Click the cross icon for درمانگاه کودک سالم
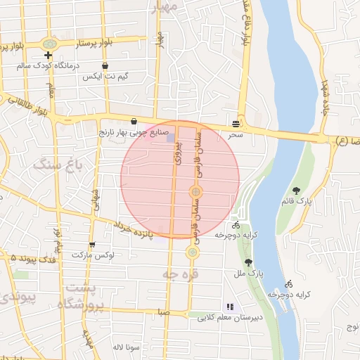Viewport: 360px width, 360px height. (x=47, y=56)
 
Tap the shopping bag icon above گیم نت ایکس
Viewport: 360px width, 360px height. (x=105, y=66)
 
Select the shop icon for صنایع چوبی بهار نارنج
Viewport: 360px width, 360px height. (x=134, y=121)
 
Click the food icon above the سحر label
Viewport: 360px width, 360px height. (x=234, y=123)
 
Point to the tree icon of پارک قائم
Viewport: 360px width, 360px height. (x=296, y=190)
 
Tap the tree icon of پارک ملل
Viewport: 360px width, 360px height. (x=247, y=262)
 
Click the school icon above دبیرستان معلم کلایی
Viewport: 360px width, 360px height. (x=229, y=307)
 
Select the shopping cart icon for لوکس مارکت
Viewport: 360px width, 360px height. (x=91, y=244)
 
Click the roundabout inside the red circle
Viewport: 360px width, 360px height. (x=196, y=192)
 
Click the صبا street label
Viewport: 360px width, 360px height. (x=163, y=310)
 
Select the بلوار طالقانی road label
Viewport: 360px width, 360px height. (x=28, y=105)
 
